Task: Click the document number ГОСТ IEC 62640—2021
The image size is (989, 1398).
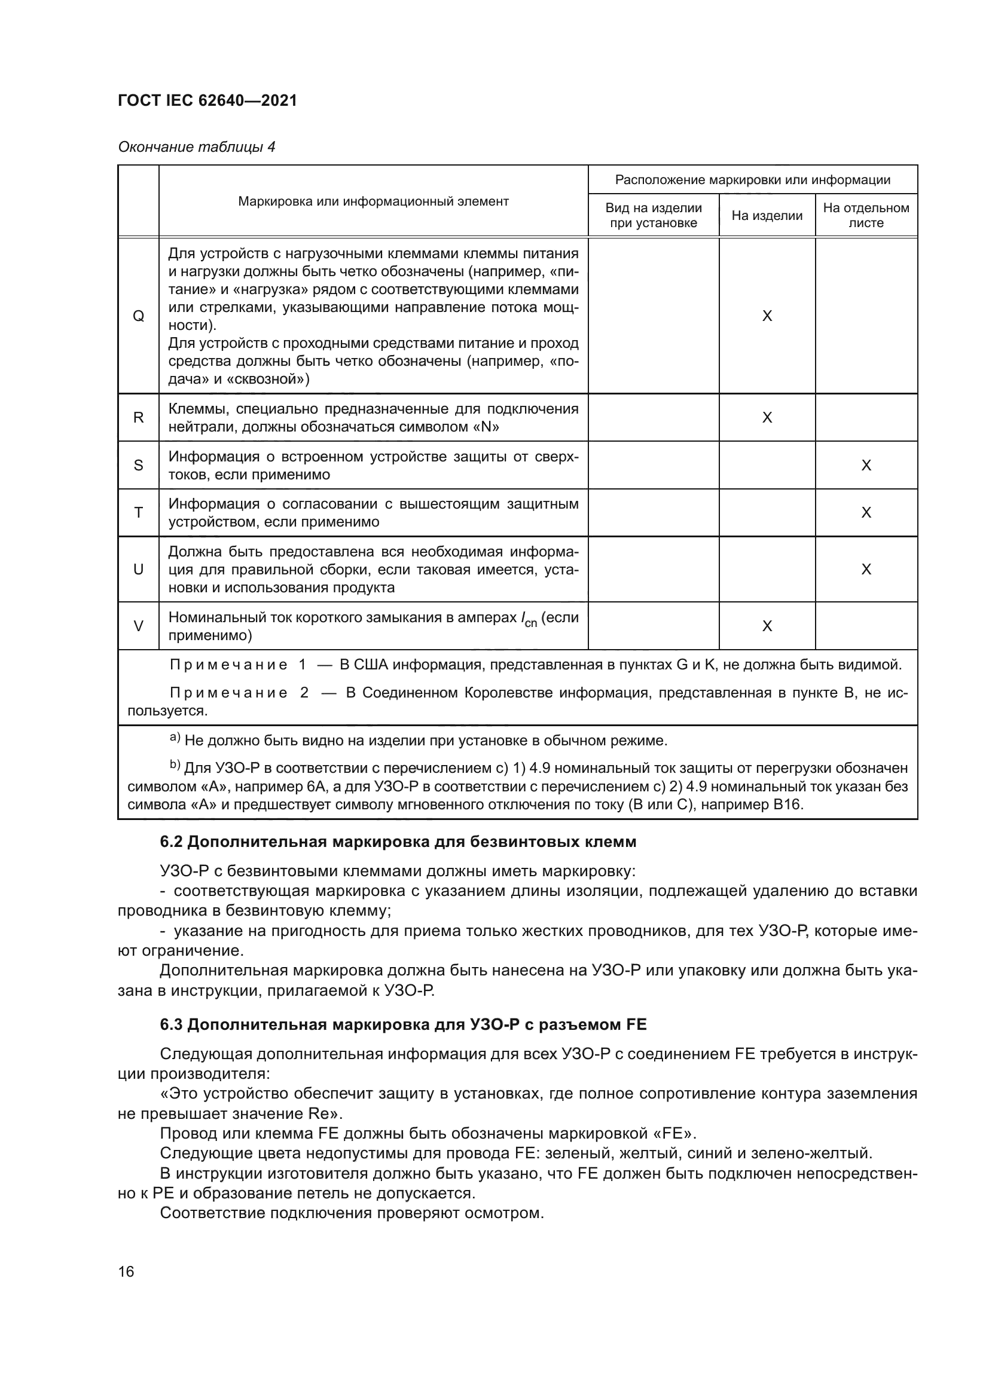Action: [x=207, y=101]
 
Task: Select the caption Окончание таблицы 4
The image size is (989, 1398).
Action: [x=196, y=147]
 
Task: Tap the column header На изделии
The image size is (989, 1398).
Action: [x=767, y=216]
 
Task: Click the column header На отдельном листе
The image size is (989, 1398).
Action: [x=865, y=216]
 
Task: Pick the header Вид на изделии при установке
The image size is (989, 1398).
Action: [x=653, y=216]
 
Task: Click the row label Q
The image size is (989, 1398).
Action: [x=138, y=316]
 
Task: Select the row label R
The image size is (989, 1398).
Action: [x=138, y=418]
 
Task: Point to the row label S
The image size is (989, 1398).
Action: [x=138, y=465]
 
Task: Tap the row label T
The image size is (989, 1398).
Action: [x=138, y=513]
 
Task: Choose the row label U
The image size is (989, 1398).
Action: [x=138, y=570]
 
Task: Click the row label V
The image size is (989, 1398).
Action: [x=138, y=626]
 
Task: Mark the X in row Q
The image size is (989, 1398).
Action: [x=767, y=316]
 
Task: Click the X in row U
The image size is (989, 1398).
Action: [x=865, y=570]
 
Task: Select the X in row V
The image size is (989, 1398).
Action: [x=767, y=626]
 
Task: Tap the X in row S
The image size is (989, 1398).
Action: [x=865, y=465]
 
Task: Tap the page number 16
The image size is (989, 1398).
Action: [x=126, y=1271]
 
